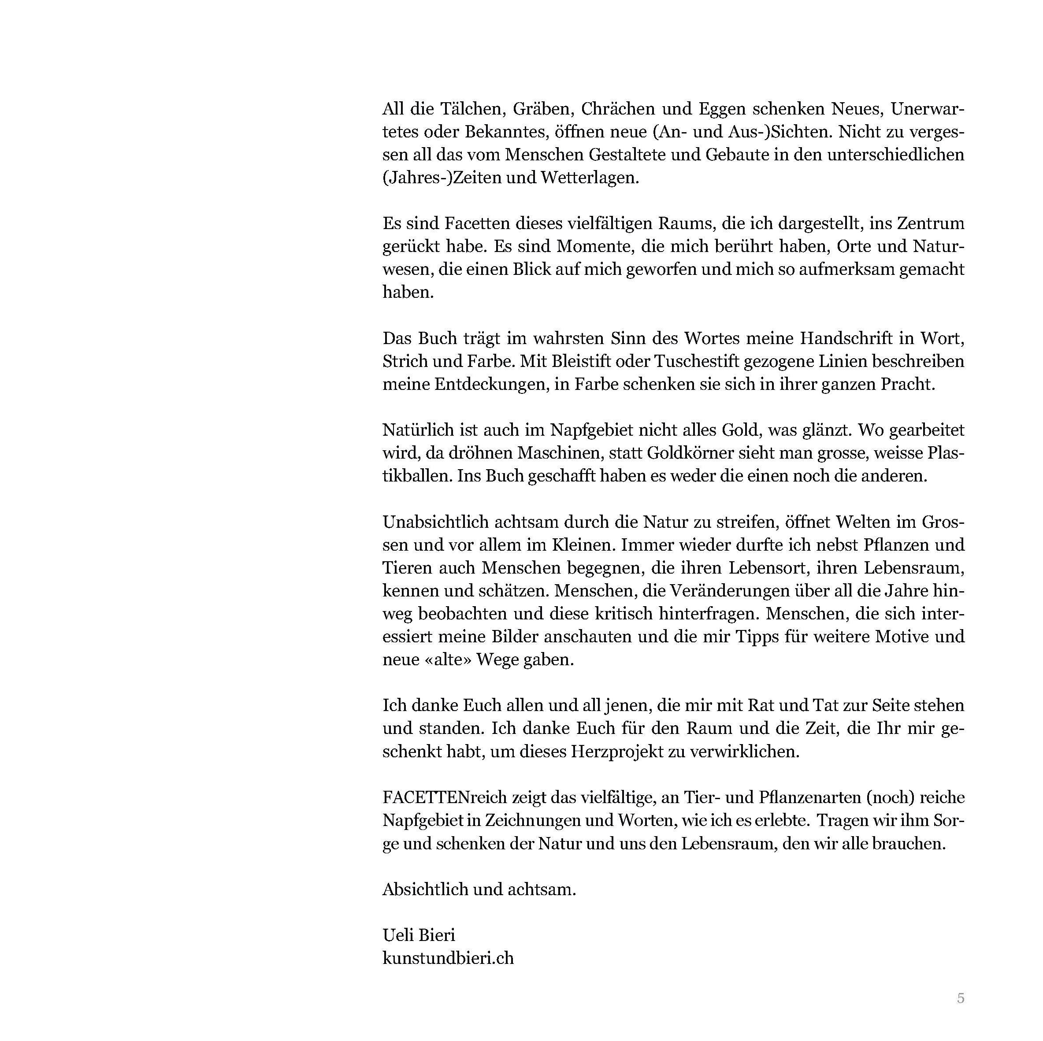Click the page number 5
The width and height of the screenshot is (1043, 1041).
click(961, 998)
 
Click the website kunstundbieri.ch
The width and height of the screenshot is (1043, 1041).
click(448, 957)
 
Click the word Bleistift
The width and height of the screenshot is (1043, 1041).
click(570, 361)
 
